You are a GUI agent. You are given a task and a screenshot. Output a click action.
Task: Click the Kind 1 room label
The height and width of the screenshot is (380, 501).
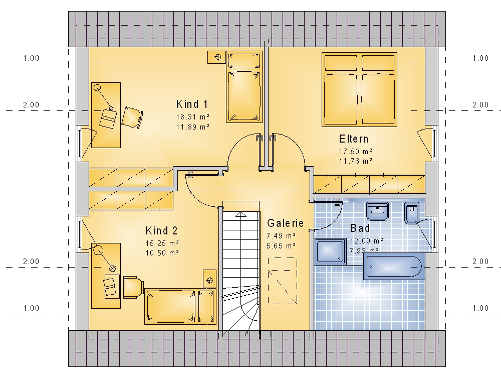[192, 104]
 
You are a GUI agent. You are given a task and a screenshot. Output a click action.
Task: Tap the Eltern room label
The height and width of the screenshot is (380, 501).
[354, 139]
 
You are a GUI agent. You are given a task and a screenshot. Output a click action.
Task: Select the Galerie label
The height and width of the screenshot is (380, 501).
[285, 223]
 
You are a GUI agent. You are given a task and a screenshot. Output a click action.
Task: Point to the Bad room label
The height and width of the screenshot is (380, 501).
[360, 228]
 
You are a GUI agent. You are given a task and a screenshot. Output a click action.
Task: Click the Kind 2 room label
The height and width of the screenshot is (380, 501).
[161, 230]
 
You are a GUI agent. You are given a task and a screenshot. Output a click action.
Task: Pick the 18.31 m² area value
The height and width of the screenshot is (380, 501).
[193, 117]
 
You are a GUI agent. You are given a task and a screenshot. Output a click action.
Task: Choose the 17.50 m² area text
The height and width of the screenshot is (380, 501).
[356, 151]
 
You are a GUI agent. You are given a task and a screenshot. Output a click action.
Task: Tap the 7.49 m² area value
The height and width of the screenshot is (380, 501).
[281, 236]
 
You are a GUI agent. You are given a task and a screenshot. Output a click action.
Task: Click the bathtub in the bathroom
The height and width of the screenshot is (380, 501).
[394, 266]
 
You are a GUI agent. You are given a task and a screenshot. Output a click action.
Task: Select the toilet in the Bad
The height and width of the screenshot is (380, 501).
[411, 212]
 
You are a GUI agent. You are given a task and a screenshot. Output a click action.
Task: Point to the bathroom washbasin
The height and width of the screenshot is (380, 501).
[377, 211]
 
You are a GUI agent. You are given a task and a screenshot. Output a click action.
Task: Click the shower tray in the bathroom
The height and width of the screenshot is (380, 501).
[330, 251]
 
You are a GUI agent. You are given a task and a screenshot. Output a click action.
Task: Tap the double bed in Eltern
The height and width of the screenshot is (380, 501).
[359, 90]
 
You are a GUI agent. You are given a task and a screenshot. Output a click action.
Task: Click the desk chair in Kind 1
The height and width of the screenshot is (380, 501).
[132, 117]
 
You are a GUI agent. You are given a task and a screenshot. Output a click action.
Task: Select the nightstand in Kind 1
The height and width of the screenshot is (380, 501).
[216, 57]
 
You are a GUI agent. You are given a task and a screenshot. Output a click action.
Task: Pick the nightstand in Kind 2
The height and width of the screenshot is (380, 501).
[209, 279]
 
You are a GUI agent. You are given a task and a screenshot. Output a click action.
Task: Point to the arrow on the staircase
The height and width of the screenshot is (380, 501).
[241, 214]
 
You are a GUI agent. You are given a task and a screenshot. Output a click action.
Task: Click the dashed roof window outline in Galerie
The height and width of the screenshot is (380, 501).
[283, 281]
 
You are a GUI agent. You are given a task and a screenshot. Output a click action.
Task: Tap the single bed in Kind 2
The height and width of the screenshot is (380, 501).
[180, 306]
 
